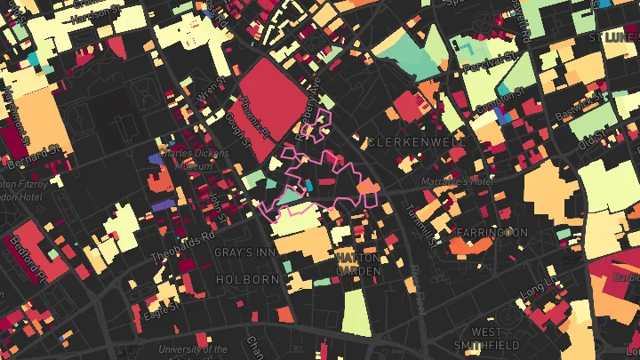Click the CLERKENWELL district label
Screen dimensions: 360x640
[x=416, y=142]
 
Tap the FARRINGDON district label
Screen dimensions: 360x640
[x=491, y=233]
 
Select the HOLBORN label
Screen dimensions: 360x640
[x=248, y=279]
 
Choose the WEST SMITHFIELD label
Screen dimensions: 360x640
[x=484, y=339]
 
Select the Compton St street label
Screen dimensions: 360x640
[x=494, y=106]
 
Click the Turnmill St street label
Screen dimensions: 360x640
[x=417, y=222]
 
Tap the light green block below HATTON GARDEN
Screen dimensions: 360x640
[x=356, y=312]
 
